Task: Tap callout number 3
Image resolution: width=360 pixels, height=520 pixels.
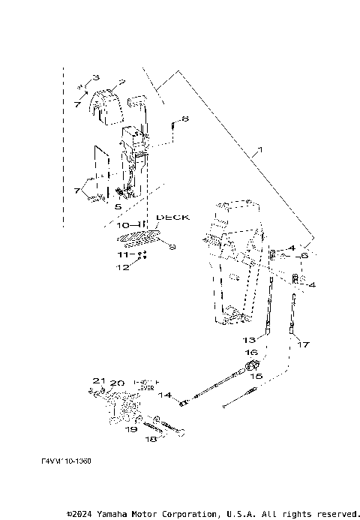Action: pos(95,78)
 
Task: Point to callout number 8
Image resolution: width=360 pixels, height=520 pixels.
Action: pos(184,119)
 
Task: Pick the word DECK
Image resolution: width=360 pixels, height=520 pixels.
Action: pos(172,217)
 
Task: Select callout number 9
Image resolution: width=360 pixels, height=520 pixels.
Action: pos(172,247)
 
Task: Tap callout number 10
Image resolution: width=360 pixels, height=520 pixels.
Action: pos(124,225)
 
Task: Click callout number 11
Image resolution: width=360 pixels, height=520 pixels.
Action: pos(124,255)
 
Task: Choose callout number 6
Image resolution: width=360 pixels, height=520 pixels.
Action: pos(304,256)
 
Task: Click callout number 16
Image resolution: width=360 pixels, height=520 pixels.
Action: pos(252,352)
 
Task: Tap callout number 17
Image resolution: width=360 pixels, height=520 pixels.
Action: pos(304,345)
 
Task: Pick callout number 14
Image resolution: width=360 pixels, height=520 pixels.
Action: pos(165,395)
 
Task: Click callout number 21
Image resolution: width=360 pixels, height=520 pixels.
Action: pos(96,381)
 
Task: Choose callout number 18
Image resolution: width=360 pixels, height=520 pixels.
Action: pos(150,439)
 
